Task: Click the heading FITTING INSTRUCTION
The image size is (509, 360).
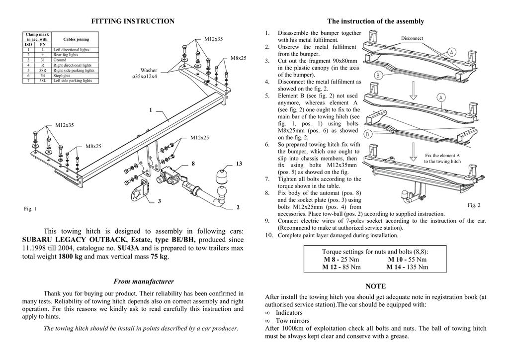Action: pos(133,21)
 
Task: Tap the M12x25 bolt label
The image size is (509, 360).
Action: pos(199,137)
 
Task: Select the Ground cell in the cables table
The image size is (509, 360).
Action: pos(60,60)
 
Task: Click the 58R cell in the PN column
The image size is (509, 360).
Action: pos(43,71)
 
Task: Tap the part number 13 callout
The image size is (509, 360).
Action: pos(239,164)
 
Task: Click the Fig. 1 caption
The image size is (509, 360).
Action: pos(30,209)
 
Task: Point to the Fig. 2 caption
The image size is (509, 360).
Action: pos(474,205)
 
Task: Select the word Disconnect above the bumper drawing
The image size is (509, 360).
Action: pos(412,38)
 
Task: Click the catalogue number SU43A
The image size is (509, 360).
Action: pos(129,248)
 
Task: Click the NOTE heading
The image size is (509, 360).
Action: pos(375,286)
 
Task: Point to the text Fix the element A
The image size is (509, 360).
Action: pos(442,156)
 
